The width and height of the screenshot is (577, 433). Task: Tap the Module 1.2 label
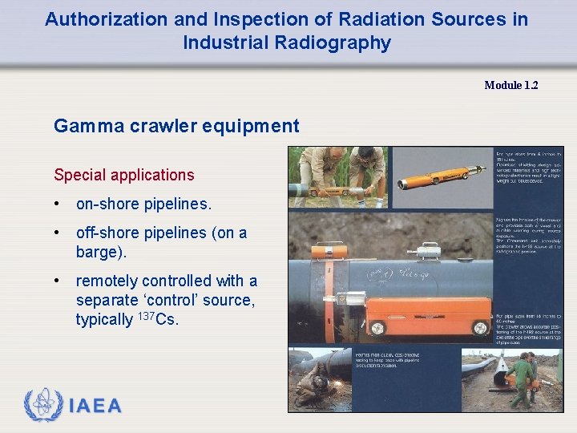click(510, 85)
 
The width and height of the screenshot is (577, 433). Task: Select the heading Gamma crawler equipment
click(176, 126)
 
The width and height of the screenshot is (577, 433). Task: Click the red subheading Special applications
click(123, 175)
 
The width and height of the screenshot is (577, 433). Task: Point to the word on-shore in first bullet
click(109, 204)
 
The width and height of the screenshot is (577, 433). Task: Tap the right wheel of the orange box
click(480, 327)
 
